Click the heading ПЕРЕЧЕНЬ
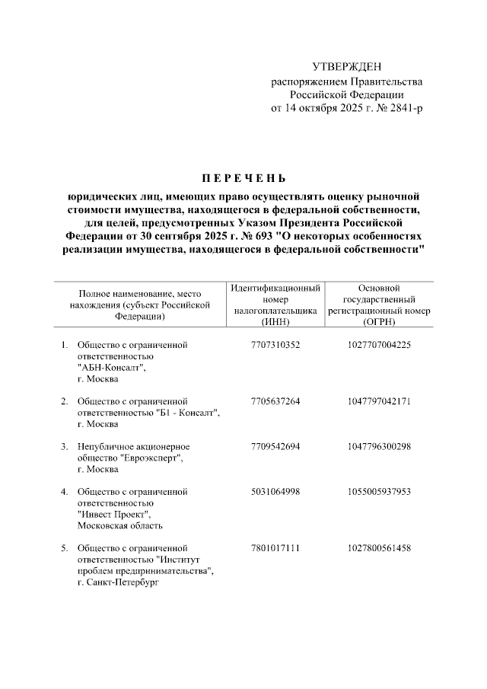[x=243, y=180]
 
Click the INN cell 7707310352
[x=275, y=345]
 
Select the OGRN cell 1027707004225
[x=379, y=345]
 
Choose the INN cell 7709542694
[x=275, y=446]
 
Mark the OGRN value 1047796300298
[x=379, y=446]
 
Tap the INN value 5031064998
[x=275, y=491]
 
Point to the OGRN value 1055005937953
[x=379, y=491]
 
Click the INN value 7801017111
[x=275, y=547]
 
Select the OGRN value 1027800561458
[x=379, y=547]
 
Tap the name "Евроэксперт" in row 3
[x=152, y=458]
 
